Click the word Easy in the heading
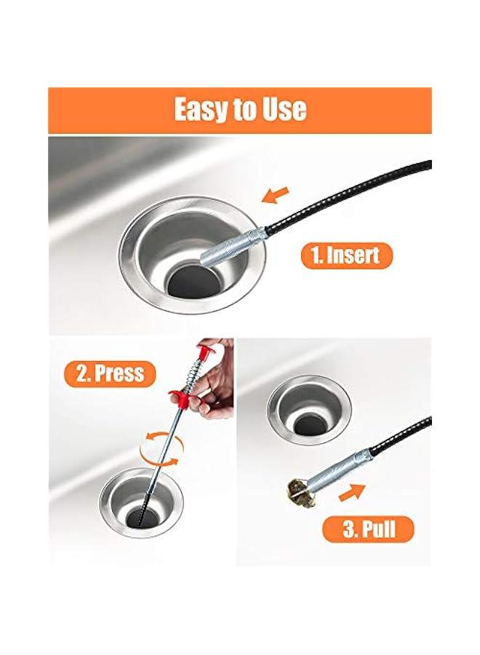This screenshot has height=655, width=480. coord(199,110)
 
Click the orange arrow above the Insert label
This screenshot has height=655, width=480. coord(276,194)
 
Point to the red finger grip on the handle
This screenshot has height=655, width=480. coord(182,398)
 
